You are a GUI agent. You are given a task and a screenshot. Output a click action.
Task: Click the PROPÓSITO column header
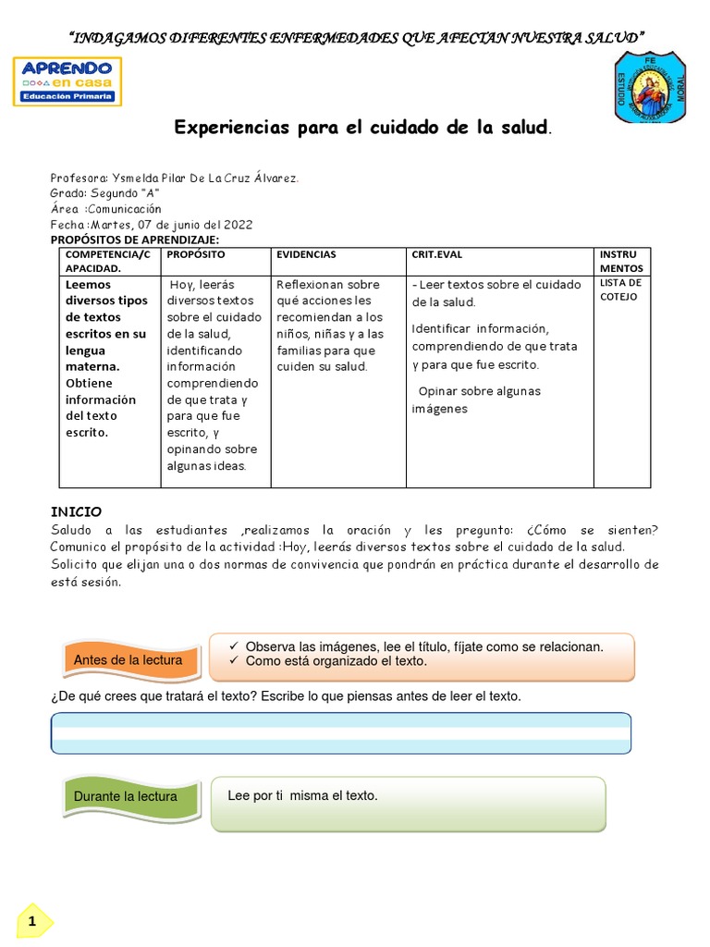[196, 254]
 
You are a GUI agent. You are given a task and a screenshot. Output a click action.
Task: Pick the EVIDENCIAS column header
[306, 254]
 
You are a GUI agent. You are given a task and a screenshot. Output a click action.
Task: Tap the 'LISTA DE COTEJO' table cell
[621, 289]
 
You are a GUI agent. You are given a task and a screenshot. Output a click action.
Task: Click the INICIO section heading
[76, 511]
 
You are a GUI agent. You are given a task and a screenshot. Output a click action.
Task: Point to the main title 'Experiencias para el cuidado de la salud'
[363, 128]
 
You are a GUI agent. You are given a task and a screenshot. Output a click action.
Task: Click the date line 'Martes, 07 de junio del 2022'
[151, 225]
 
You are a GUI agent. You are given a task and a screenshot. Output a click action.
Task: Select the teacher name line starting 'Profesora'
[174, 178]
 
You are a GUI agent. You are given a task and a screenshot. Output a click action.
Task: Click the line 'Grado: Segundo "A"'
[104, 193]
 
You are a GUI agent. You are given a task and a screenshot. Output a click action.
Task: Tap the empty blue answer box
[341, 732]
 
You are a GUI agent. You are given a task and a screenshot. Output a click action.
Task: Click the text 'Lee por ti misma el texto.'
[302, 795]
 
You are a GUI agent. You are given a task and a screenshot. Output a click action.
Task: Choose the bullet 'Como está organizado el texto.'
[336, 661]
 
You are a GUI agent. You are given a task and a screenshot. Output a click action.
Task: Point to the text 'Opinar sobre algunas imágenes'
[476, 400]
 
